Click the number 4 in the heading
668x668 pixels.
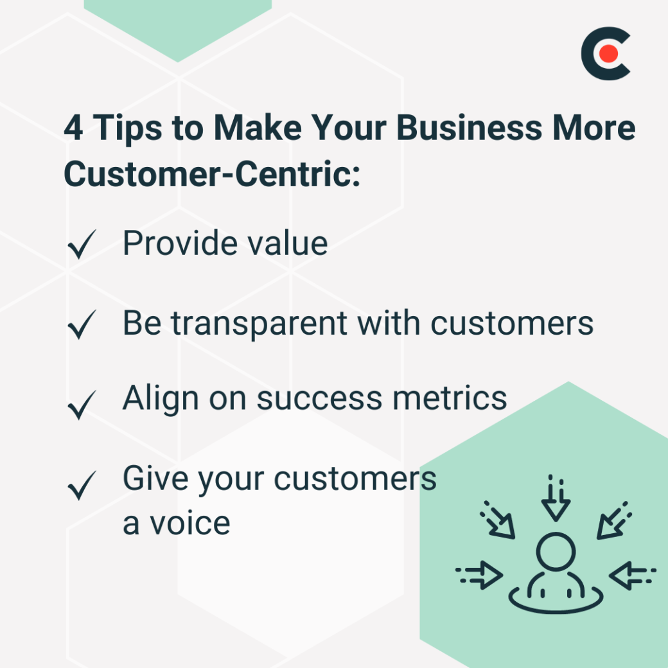click(74, 128)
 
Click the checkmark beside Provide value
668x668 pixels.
click(82, 246)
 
